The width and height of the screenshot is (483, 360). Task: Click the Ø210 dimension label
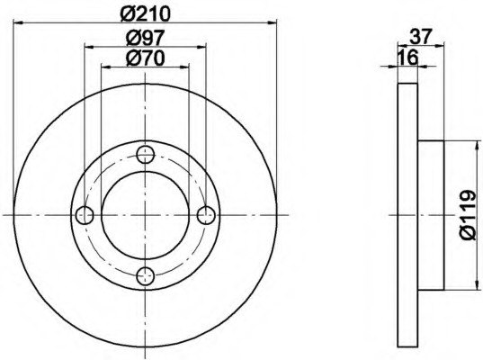(x=146, y=13)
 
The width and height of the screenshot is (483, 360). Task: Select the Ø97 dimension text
(x=146, y=38)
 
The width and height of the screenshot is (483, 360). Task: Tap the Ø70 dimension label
(x=146, y=58)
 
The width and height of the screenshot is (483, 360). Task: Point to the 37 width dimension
(x=421, y=36)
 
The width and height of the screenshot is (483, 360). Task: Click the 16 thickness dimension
(x=407, y=58)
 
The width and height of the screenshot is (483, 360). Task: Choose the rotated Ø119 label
(x=469, y=214)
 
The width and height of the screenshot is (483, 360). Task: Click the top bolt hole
(x=146, y=155)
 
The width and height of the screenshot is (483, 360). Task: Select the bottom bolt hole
(x=146, y=276)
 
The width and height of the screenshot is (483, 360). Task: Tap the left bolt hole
(x=85, y=215)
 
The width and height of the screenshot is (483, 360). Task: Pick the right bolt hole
(x=206, y=215)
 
